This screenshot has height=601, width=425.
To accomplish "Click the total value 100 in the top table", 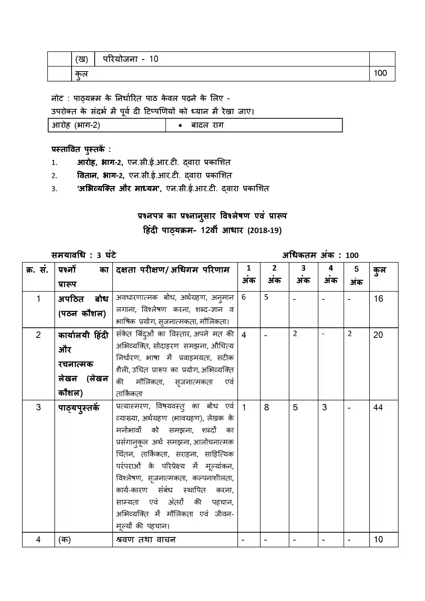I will coord(380,73).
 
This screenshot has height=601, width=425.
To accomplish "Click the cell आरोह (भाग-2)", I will coord(76,125).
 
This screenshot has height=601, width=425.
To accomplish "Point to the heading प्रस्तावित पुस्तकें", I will coord(81,150).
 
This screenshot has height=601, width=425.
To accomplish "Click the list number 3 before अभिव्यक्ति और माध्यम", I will coord(54,189).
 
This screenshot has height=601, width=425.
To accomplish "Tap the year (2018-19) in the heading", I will coord(264,230).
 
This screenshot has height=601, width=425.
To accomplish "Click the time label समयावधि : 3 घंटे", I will coord(84,255).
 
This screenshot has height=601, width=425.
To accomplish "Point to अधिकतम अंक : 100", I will coord(320,255).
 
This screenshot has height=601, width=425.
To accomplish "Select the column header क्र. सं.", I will coord(37,270).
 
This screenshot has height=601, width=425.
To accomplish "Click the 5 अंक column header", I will coord(356,276).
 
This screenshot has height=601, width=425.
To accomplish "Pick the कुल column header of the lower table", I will coord(380,270).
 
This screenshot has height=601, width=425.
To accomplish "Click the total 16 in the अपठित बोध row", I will coord(378,299).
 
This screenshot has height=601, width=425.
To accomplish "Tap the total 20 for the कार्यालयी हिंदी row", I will coord(378,335).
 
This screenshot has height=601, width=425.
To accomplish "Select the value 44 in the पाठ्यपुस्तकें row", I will coord(378,407).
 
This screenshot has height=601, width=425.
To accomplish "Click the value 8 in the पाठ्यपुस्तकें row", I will coord(266,407).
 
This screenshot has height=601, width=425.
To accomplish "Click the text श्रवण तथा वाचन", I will coord(146,540).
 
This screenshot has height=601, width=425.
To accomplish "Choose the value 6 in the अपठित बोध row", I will coord(244,297).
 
